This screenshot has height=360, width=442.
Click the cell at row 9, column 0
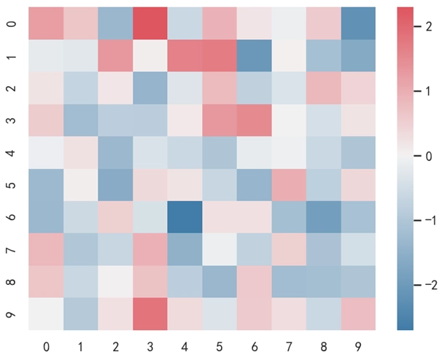tap(46, 314)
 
